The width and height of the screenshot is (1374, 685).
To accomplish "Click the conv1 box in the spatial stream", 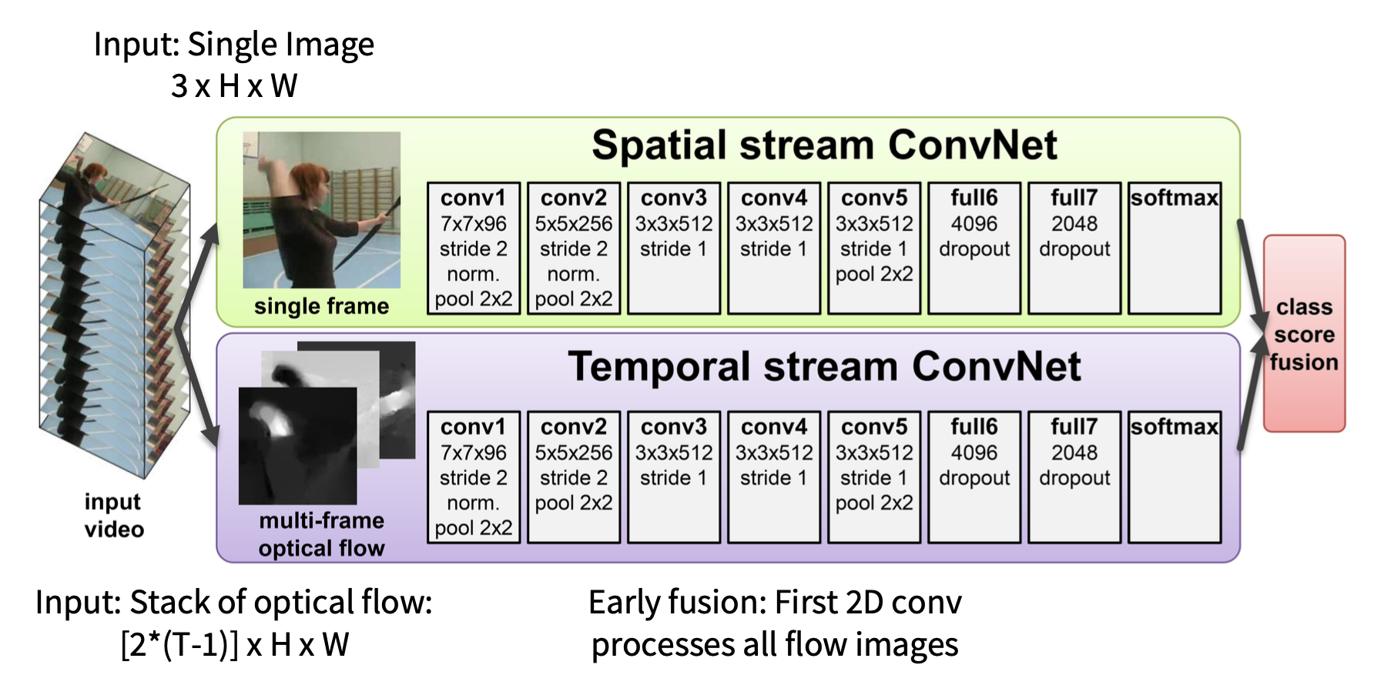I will point(474,248).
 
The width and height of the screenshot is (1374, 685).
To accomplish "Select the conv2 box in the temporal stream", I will point(574,476).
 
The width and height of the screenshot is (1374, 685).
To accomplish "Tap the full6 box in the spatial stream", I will point(974,248).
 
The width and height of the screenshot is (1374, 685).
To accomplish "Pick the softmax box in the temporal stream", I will point(1175,476).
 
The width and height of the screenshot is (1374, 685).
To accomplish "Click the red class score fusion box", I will point(1304,334).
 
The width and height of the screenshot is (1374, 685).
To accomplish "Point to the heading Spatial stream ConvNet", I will point(824,145).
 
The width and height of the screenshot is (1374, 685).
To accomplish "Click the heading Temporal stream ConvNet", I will point(824,367).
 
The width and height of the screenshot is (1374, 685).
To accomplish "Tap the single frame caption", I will point(321,306).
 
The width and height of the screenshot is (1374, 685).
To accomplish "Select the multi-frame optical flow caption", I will point(321,534).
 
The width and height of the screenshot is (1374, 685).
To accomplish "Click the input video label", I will point(114,515).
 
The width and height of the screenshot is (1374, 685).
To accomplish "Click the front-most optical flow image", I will point(297,446).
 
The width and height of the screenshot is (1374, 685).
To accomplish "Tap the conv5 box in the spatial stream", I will point(874,248).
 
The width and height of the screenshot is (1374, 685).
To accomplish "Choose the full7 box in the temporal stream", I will point(1074,476).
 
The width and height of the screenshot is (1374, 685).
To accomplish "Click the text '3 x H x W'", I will point(234,86).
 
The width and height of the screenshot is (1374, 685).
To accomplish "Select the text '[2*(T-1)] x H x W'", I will point(235,645).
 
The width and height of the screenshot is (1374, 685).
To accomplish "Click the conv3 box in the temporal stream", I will point(674,476).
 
